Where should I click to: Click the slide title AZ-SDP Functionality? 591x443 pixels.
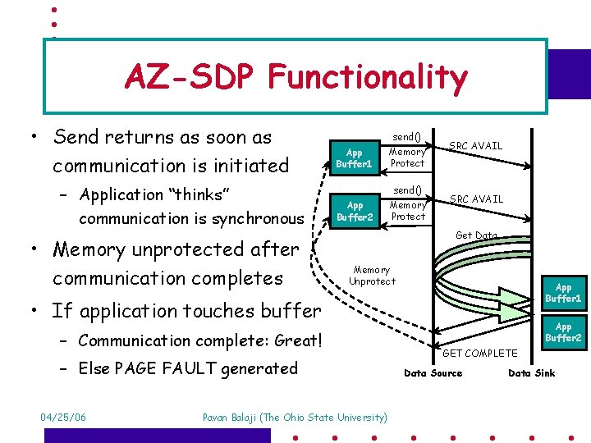click(295, 77)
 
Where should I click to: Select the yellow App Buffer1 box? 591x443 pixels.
click(355, 158)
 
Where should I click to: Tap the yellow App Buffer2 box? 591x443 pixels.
click(355, 211)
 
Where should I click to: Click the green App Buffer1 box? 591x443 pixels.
click(563, 293)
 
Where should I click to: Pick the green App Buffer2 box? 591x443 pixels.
click(563, 332)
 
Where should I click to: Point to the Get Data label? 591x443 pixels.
click(476, 235)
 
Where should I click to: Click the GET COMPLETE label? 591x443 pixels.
click(479, 354)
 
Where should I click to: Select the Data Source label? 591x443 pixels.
click(433, 373)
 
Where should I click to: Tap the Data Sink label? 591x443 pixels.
click(532, 373)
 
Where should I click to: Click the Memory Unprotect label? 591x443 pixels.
click(372, 275)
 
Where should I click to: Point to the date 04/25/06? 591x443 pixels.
click(63, 418)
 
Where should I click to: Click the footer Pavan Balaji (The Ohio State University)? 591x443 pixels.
click(295, 418)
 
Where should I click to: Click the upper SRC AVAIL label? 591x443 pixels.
click(476, 146)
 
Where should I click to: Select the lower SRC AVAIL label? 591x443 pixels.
click(476, 199)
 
